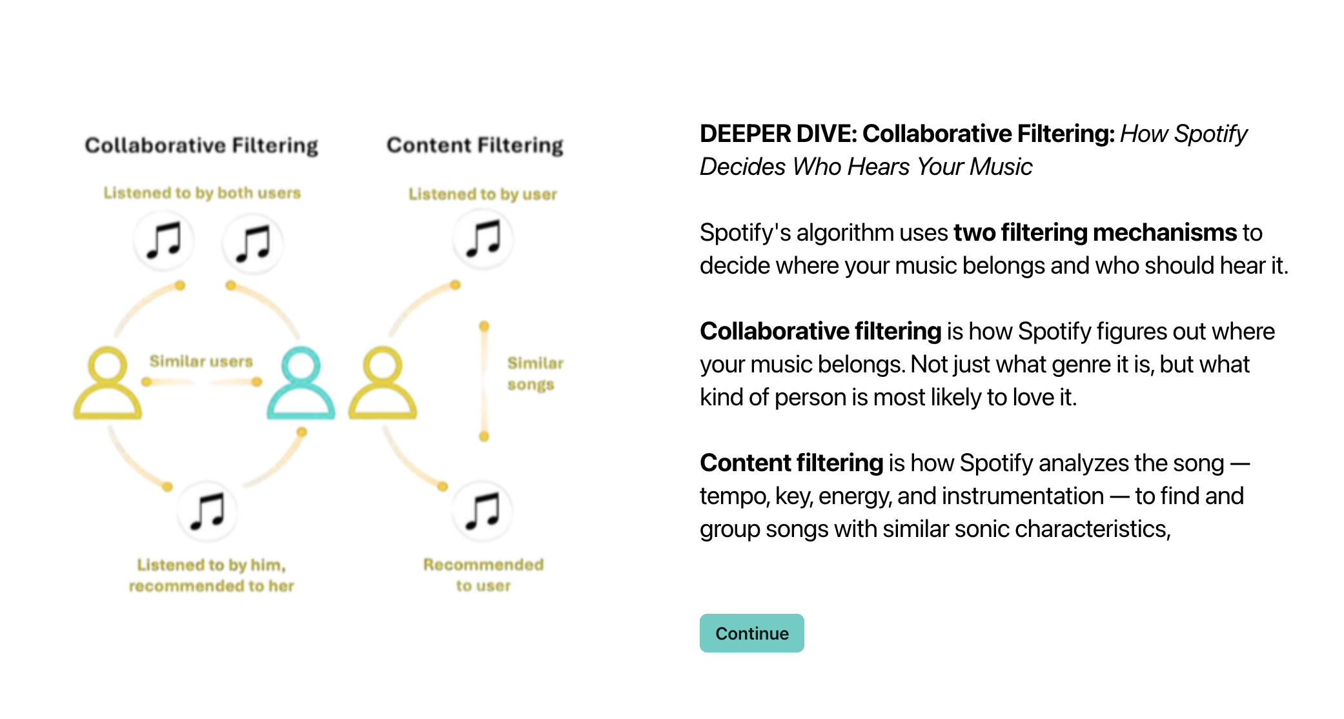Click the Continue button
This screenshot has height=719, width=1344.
(751, 633)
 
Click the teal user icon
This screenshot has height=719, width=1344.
(301, 383)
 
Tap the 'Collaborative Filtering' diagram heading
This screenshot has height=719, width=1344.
(201, 145)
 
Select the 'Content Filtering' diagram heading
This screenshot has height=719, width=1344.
(475, 145)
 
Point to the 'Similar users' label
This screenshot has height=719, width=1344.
(201, 361)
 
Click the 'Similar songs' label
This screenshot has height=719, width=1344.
(535, 374)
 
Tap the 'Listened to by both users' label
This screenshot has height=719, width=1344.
(202, 193)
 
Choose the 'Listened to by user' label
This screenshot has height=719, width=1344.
(483, 194)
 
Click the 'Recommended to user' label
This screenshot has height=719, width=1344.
(484, 575)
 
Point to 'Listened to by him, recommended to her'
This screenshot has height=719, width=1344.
(211, 575)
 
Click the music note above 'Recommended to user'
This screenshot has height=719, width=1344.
(483, 511)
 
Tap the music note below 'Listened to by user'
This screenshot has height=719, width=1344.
(484, 238)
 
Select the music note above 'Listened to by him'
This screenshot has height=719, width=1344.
(207, 511)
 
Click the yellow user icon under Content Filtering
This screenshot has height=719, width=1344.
(383, 383)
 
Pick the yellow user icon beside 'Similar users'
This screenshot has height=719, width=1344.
(107, 383)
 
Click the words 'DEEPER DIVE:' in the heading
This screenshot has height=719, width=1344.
(779, 134)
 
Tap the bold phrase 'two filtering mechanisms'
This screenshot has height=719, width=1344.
(1095, 232)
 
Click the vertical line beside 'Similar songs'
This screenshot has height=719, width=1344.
(484, 381)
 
